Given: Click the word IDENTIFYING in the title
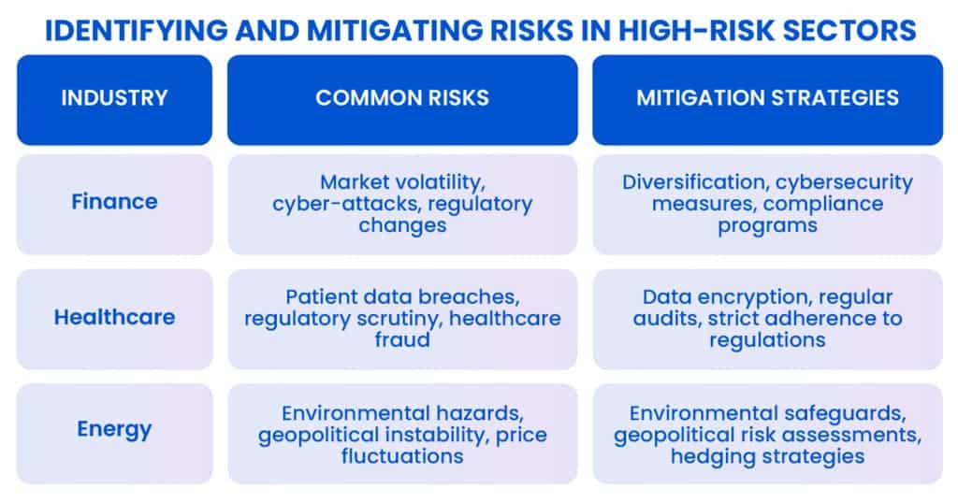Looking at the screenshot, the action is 137,31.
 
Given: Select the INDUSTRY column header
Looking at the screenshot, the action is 114,97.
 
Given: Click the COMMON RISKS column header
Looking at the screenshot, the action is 402,97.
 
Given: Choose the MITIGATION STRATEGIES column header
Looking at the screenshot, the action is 767,97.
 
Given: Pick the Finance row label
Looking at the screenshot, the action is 114,201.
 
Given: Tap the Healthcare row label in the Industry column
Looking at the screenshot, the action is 114,317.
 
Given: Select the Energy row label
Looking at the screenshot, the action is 114,429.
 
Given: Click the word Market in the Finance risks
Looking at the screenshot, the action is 355,182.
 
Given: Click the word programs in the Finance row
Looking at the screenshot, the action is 767,226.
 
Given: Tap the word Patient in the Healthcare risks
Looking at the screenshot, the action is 321,296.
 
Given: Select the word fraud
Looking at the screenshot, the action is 402,339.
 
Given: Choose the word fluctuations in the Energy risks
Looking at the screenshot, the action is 402,456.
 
